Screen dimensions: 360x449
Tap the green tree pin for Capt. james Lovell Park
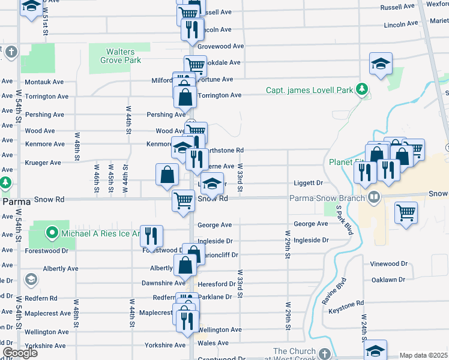tap(362, 90)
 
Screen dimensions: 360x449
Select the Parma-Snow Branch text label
tap(326, 199)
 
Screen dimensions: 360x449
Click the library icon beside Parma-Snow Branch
tap(373, 197)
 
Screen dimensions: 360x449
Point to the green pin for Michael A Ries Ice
tap(52, 233)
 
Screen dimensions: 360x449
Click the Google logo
tap(20, 352)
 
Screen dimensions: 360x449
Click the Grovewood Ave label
tap(220, 46)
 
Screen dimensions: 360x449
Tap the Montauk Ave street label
tap(44, 82)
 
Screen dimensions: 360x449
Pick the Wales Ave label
tap(214, 343)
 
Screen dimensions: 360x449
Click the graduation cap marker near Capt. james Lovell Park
tap(380, 65)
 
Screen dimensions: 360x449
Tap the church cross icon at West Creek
tap(325, 353)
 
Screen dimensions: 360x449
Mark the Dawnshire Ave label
tap(163, 283)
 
